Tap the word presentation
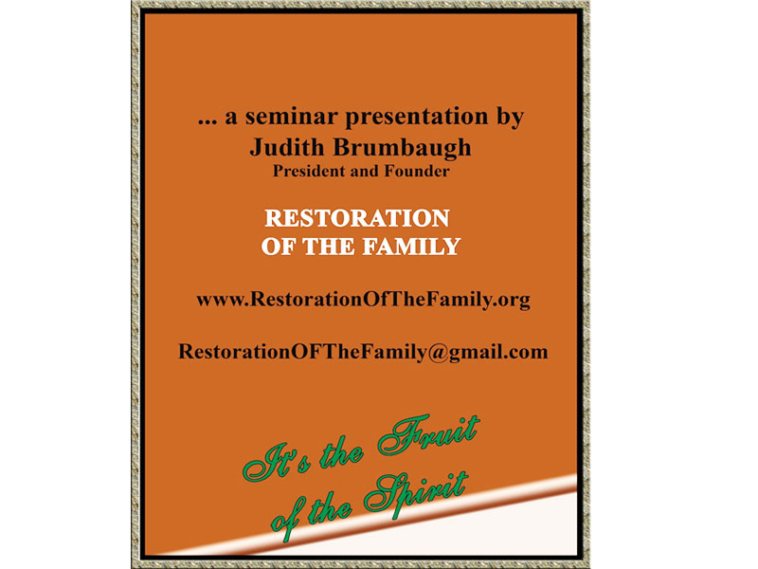pyautogui.click(x=411, y=119)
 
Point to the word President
pyautogui.click(x=308, y=172)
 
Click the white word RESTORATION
pyautogui.click(x=356, y=218)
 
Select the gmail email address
pyautogui.click(x=362, y=352)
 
